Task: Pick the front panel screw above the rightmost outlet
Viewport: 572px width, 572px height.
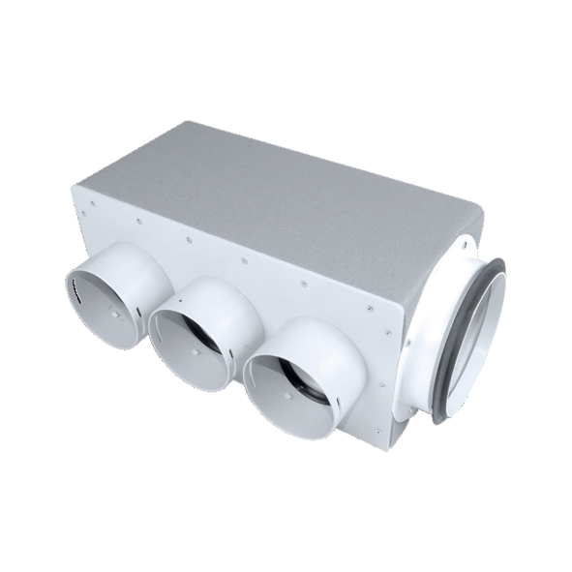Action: (x=303, y=285)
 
